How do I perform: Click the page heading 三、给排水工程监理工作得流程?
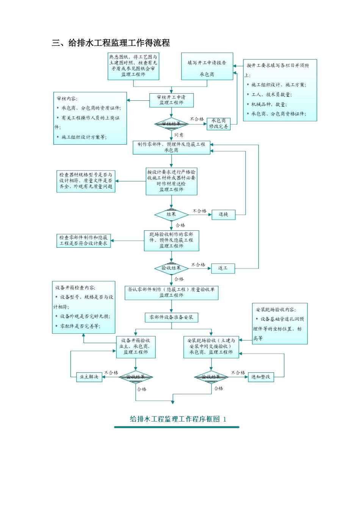pos(111,43)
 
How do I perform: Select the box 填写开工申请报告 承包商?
pos(207,67)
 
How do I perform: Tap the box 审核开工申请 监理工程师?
pos(171,100)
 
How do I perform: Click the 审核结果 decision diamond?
pos(171,124)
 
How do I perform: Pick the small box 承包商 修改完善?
pos(219,124)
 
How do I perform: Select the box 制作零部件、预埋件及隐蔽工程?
pos(171,147)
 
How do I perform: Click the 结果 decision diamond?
pos(171,215)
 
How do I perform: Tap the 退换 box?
pos(223,215)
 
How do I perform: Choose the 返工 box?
pos(223,269)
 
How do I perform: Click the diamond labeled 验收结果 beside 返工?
pos(171,269)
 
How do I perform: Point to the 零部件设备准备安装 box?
pos(171,317)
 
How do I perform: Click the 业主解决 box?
pos(89,377)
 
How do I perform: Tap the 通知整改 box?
pos(261,377)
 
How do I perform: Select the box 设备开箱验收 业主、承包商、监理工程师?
pos(136,347)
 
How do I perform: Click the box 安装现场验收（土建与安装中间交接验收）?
pos(211,347)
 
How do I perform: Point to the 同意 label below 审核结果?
pos(179,135)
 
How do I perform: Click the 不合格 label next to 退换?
pos(199,211)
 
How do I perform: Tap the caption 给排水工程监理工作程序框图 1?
pos(178,419)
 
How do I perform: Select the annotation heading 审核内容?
pos(67,98)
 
